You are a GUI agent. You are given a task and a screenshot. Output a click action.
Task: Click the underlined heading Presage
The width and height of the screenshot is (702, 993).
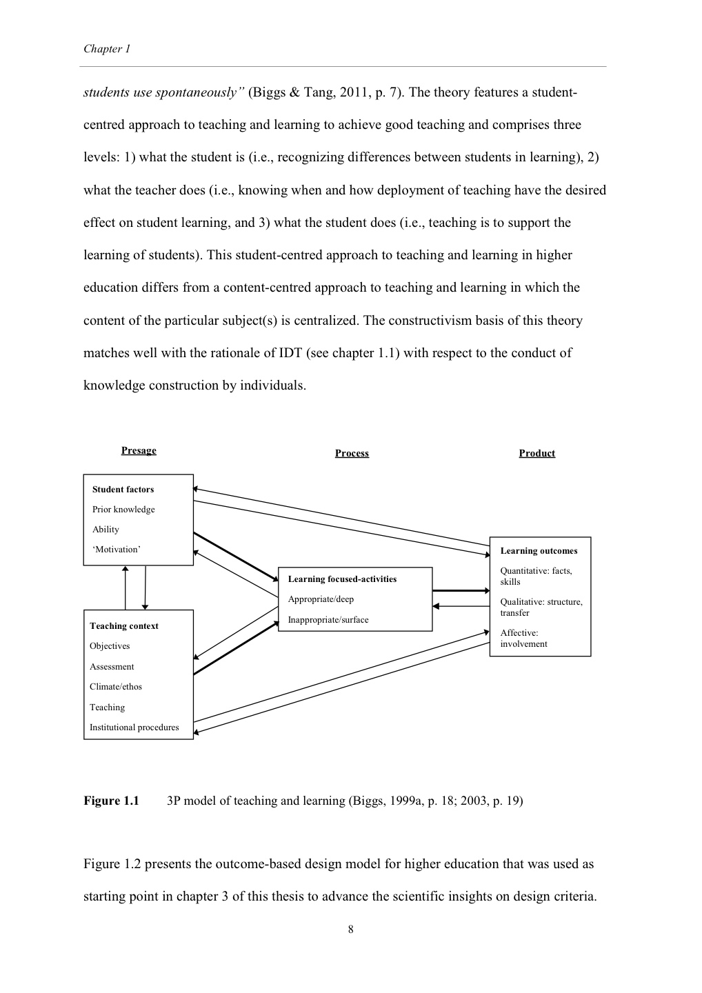(x=139, y=450)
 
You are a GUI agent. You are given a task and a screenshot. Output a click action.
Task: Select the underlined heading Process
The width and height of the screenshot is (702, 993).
(x=352, y=453)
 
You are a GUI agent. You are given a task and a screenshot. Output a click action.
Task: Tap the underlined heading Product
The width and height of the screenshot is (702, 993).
(x=536, y=453)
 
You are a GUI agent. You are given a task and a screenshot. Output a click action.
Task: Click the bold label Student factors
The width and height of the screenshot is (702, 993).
(x=123, y=490)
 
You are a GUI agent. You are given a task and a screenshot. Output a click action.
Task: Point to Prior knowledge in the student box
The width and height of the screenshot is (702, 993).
(x=123, y=510)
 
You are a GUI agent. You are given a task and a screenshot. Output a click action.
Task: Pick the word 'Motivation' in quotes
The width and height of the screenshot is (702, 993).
(x=117, y=550)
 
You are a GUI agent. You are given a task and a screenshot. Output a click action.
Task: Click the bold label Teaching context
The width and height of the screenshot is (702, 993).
(x=123, y=626)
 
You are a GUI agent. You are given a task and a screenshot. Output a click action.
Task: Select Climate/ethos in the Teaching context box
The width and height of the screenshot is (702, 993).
(x=115, y=687)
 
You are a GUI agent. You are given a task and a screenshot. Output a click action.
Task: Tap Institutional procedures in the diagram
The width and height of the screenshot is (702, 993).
(x=134, y=728)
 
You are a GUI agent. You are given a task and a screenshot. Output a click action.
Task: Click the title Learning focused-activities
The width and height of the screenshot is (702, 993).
(x=342, y=579)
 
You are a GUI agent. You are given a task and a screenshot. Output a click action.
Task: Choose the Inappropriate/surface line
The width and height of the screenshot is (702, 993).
(x=328, y=620)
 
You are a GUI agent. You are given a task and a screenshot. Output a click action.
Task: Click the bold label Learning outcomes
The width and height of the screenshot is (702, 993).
(x=539, y=551)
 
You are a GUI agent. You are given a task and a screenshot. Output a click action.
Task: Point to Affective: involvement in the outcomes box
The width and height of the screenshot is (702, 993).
(x=523, y=639)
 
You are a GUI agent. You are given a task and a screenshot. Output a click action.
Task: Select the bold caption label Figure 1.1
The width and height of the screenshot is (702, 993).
(x=111, y=801)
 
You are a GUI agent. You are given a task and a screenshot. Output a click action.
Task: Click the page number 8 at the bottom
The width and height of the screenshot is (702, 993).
(x=350, y=930)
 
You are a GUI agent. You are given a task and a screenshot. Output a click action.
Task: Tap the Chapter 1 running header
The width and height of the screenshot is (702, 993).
(x=107, y=49)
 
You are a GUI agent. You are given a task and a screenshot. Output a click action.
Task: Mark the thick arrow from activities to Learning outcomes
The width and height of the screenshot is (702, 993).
(x=460, y=591)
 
